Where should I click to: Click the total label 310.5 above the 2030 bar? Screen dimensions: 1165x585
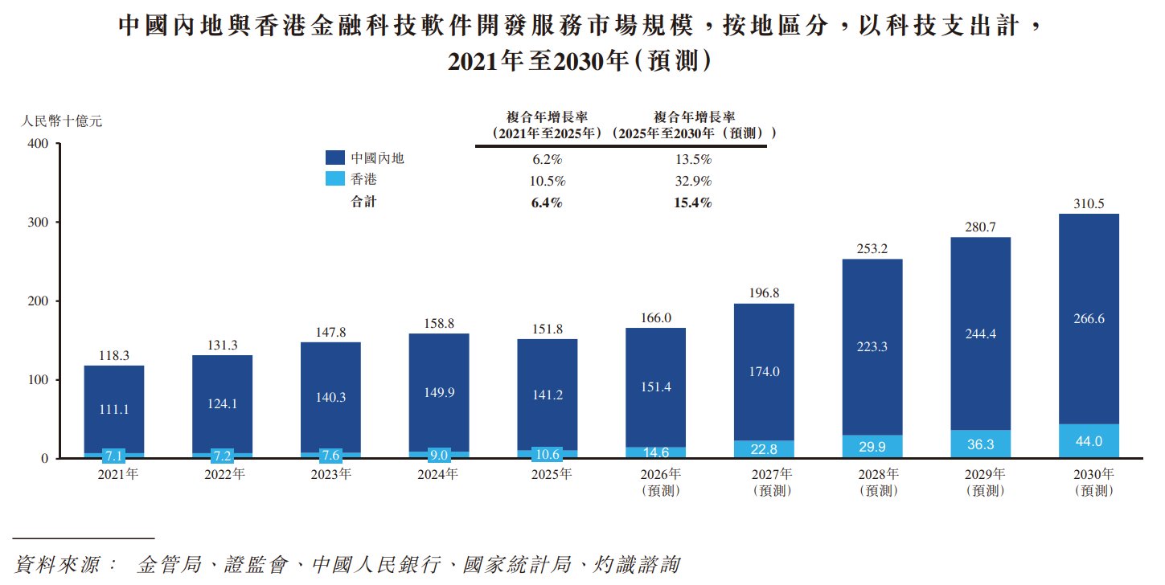click(1089, 203)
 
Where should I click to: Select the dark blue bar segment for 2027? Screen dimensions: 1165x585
click(764, 372)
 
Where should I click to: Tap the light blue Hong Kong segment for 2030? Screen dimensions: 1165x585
click(1089, 441)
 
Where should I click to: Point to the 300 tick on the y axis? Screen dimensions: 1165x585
click(38, 222)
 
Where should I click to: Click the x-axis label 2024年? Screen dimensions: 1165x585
click(438, 474)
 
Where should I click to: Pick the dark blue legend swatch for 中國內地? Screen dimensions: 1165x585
click(335, 157)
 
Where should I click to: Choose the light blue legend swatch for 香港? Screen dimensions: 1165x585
click(335, 179)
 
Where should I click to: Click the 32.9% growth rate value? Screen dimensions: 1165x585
click(693, 181)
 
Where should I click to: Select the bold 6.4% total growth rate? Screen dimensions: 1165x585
click(547, 202)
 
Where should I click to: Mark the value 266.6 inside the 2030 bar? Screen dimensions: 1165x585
click(1089, 318)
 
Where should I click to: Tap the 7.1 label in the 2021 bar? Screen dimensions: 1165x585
click(114, 456)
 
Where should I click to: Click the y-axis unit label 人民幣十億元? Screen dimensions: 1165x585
click(61, 121)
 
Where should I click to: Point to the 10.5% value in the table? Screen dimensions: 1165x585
click(548, 181)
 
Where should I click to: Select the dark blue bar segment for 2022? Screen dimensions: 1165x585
click(222, 404)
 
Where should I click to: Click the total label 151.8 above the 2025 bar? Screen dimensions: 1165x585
click(548, 329)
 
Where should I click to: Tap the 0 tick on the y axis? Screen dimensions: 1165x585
click(45, 458)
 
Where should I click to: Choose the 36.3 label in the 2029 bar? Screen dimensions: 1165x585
click(980, 444)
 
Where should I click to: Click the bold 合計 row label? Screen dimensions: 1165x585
click(363, 202)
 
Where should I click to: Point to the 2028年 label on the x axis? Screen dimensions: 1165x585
click(879, 474)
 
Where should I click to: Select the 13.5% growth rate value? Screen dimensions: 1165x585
click(693, 159)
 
